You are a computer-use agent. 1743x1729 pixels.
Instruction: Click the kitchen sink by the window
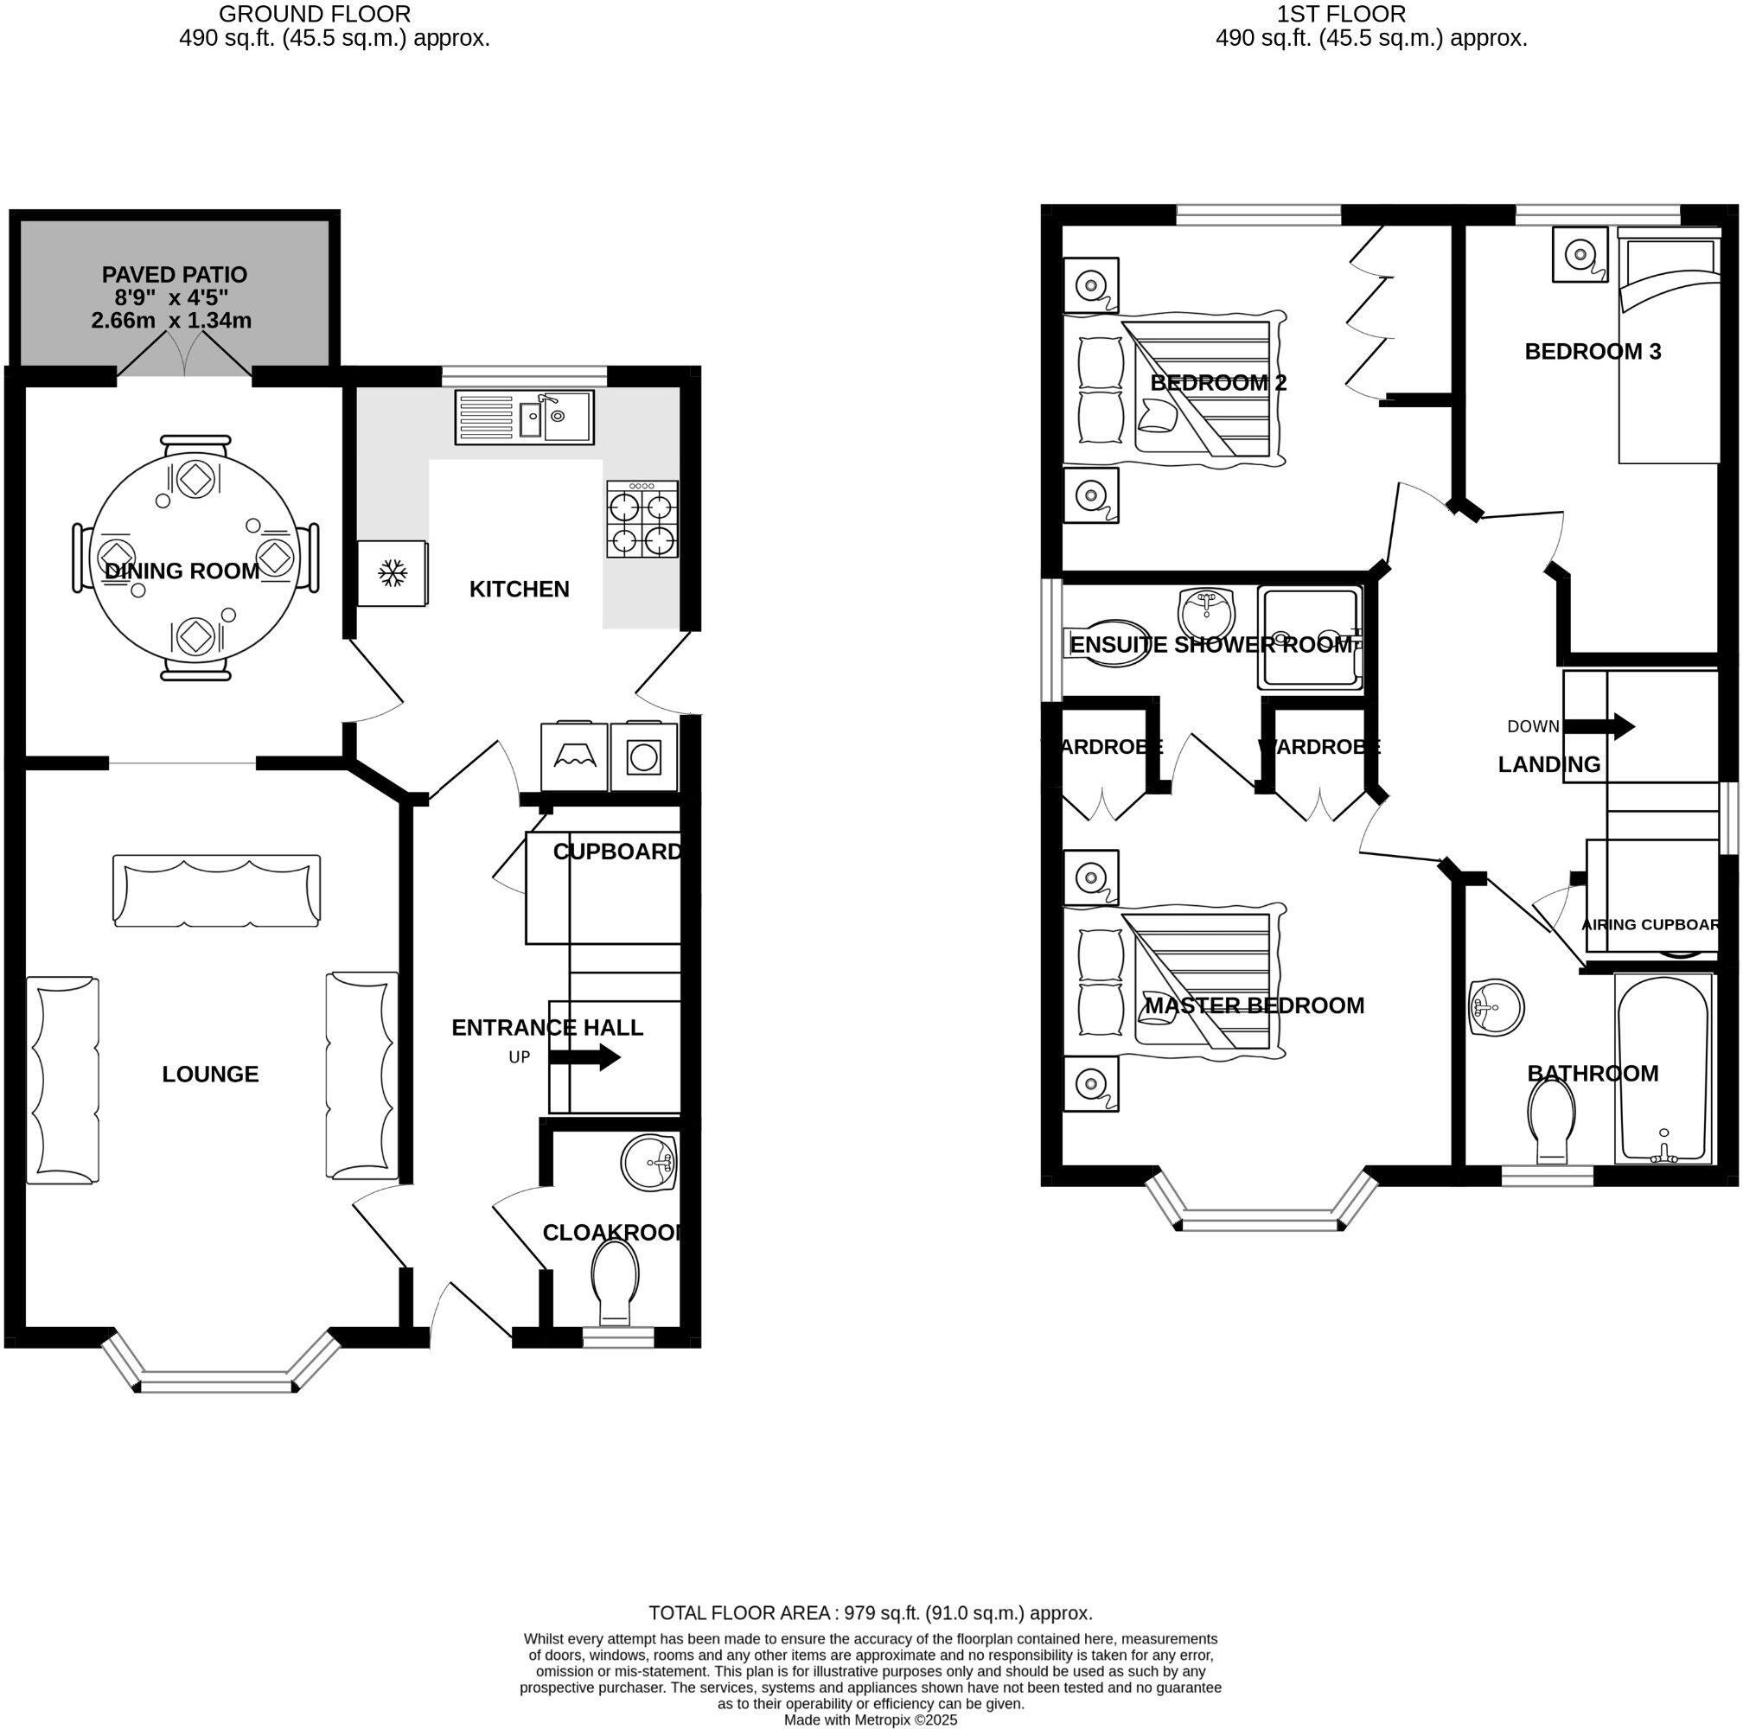click(524, 417)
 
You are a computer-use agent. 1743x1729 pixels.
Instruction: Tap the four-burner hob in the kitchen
click(642, 519)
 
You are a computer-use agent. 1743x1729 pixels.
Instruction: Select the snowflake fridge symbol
click(392, 572)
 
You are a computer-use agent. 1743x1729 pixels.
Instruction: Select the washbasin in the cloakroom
click(648, 1164)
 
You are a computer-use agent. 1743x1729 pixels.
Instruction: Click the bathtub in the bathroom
click(1663, 1069)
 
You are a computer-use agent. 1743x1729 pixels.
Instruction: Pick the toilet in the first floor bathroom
click(1553, 1120)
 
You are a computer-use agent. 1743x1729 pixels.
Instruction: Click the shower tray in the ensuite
click(1310, 638)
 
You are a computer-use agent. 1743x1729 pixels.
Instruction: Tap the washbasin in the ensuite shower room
click(1205, 613)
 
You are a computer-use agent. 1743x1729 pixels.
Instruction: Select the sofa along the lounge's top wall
click(216, 890)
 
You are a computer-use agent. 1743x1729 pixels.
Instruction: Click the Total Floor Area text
click(870, 1612)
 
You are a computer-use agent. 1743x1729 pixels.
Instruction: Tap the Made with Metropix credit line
click(870, 1720)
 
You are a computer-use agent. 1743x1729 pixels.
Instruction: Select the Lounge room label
click(210, 1074)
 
